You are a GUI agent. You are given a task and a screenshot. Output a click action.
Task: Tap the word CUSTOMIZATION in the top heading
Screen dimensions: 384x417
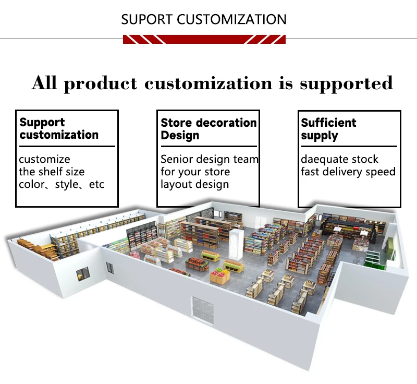(x=231, y=20)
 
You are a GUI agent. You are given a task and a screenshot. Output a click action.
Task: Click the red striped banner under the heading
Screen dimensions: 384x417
(x=204, y=39)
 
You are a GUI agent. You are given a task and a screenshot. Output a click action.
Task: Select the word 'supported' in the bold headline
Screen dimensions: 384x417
(x=346, y=83)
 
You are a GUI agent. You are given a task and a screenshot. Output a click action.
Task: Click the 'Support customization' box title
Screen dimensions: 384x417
(x=58, y=128)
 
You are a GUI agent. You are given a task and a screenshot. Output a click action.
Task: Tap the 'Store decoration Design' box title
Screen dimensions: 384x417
(x=208, y=129)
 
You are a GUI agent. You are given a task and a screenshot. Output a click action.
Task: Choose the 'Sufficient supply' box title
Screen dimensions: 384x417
(x=328, y=129)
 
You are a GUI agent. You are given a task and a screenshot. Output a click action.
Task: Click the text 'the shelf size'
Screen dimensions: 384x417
(x=52, y=172)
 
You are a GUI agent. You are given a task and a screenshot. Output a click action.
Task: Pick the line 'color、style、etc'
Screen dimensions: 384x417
(x=62, y=185)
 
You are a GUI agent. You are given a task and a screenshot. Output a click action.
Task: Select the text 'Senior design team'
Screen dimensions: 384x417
(x=209, y=159)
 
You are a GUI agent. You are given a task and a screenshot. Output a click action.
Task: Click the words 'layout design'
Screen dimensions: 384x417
(x=194, y=184)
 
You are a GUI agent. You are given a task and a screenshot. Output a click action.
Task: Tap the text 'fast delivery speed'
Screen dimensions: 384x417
(x=348, y=172)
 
